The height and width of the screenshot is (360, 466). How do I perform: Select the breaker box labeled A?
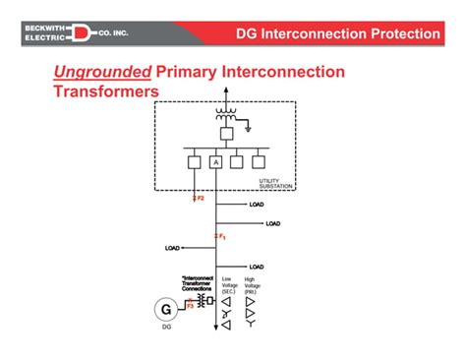click(x=215, y=162)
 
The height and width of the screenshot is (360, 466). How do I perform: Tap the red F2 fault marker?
click(x=199, y=199)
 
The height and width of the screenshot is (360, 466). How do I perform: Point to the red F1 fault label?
click(x=222, y=237)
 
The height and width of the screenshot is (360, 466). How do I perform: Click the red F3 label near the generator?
click(x=191, y=306)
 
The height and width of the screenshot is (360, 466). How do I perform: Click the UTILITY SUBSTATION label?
click(x=268, y=183)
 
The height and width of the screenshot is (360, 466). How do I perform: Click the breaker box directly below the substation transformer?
click(x=225, y=132)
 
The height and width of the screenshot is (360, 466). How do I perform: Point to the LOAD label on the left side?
click(x=173, y=249)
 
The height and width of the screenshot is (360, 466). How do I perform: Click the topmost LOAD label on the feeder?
click(x=257, y=205)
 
